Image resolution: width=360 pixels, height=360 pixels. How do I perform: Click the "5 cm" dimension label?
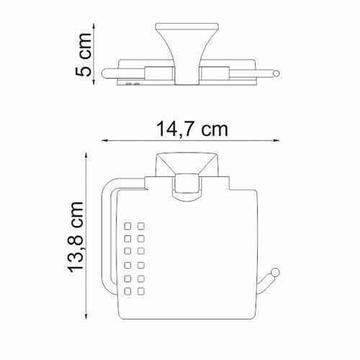tap(84, 55)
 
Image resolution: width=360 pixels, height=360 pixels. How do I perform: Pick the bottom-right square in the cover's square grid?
tap(141, 290)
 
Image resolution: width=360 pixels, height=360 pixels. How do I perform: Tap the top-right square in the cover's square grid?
tap(141, 225)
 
